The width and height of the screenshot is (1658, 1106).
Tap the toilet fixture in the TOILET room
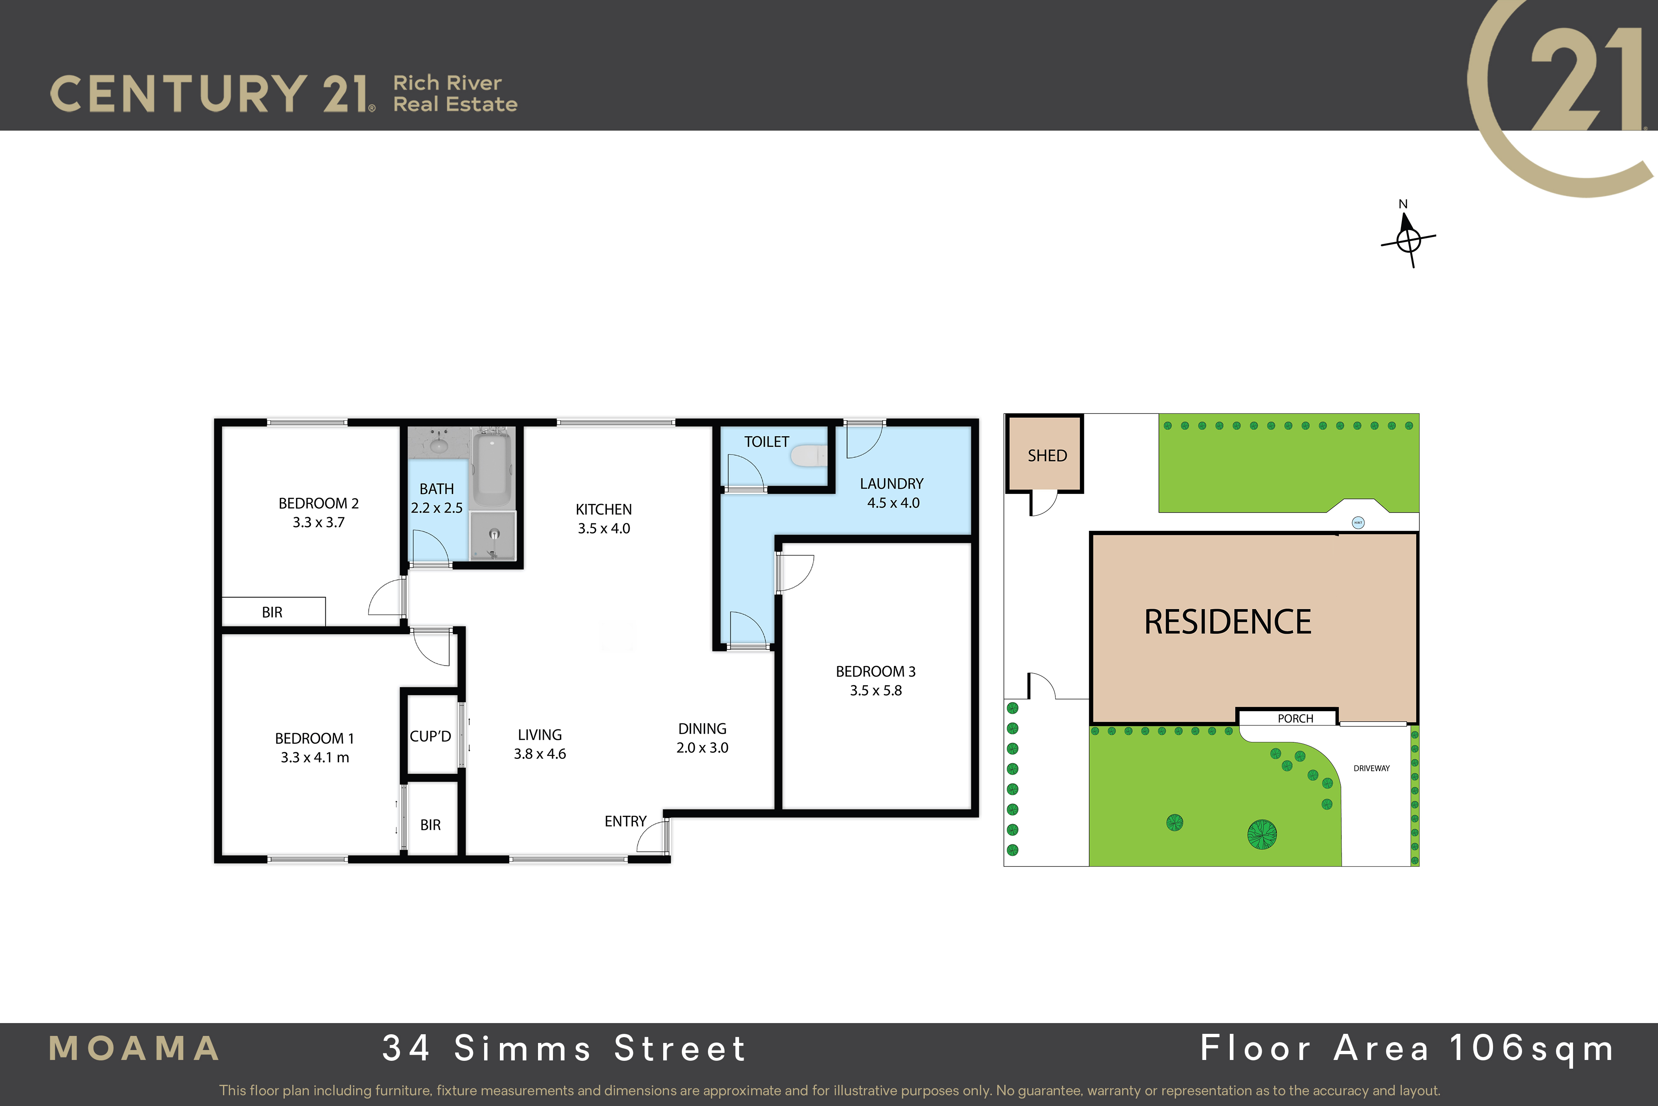point(809,455)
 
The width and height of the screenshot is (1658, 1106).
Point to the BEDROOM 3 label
point(875,671)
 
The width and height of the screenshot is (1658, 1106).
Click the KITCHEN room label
point(604,509)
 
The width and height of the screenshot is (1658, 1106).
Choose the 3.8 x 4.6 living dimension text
point(540,754)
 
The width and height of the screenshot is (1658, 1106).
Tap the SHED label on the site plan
point(1047,456)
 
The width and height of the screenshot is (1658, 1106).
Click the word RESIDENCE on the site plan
point(1227,621)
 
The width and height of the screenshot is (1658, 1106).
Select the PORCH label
point(1296,719)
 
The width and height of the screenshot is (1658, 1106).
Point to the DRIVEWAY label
point(1372,768)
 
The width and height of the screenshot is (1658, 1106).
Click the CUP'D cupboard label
point(430,737)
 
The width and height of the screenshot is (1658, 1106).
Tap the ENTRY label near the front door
point(625,821)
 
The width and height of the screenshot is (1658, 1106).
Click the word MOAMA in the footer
point(134,1048)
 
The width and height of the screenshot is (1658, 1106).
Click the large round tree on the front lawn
point(1262,834)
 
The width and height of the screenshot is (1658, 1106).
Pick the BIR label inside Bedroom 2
point(272,612)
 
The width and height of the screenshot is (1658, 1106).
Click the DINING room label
point(702,729)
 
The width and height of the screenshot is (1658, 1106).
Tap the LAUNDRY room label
point(892,484)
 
